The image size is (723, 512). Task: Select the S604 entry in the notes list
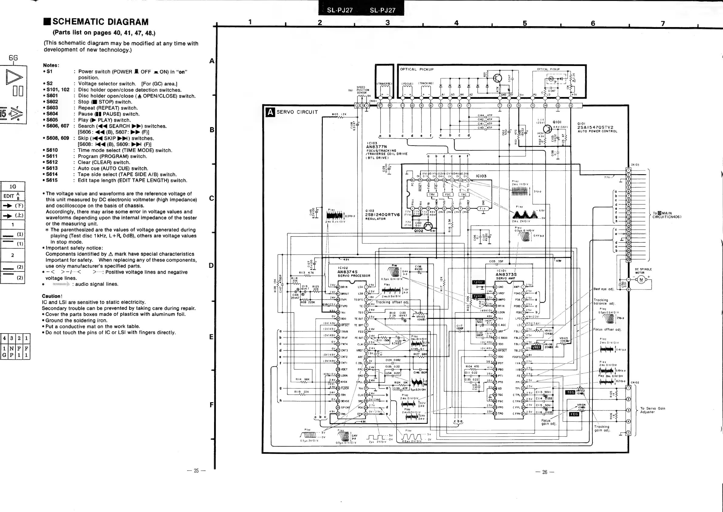click(x=52, y=114)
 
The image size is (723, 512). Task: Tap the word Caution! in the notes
click(x=52, y=296)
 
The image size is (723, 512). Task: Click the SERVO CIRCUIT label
click(x=297, y=112)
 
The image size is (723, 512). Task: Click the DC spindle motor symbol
click(x=640, y=280)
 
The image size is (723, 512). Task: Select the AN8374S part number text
click(x=347, y=272)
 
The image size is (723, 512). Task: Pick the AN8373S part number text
click(x=506, y=274)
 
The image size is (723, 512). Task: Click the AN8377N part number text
click(x=376, y=147)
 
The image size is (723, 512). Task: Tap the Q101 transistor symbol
click(x=547, y=129)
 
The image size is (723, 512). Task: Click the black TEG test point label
click(x=571, y=393)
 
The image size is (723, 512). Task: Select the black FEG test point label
click(x=574, y=414)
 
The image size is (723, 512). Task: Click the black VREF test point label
click(x=536, y=348)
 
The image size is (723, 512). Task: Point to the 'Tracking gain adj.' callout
click(x=602, y=428)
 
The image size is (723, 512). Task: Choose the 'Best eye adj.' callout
click(x=603, y=289)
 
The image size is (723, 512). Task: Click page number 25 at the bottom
click(x=196, y=471)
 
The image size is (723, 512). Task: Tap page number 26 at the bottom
click(x=544, y=472)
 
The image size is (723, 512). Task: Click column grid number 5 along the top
click(x=525, y=23)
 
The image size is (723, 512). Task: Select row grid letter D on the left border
click(x=211, y=265)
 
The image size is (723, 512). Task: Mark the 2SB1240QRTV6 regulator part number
click(x=382, y=215)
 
